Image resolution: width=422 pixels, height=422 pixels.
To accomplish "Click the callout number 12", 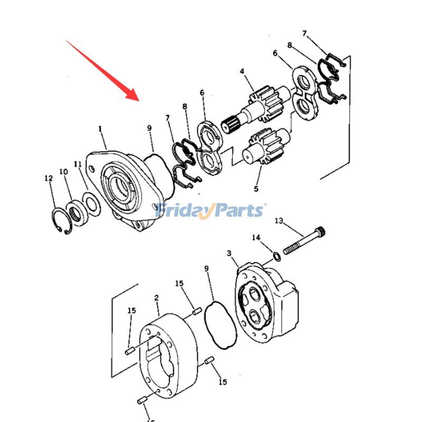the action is (49, 178).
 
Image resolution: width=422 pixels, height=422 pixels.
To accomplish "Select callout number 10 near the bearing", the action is (63, 172).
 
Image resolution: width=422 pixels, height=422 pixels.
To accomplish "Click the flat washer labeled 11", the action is (92, 204).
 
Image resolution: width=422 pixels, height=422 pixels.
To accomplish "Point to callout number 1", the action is (100, 129).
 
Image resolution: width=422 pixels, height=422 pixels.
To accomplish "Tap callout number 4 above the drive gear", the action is (242, 71).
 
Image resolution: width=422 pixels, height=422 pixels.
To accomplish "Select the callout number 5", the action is (256, 189).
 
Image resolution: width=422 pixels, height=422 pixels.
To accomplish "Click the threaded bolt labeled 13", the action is (304, 241).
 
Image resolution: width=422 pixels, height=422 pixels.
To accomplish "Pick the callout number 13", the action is (279, 221).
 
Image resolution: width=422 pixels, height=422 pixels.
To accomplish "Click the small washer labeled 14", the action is (277, 256).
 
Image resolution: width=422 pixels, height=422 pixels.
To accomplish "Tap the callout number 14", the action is (256, 237).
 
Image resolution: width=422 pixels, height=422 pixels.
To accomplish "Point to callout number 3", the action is (229, 253).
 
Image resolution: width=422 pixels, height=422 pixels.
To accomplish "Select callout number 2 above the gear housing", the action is (157, 298).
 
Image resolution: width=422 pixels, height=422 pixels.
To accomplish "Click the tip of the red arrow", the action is (139, 101).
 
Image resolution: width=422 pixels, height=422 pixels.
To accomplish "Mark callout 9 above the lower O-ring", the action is (206, 268).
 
